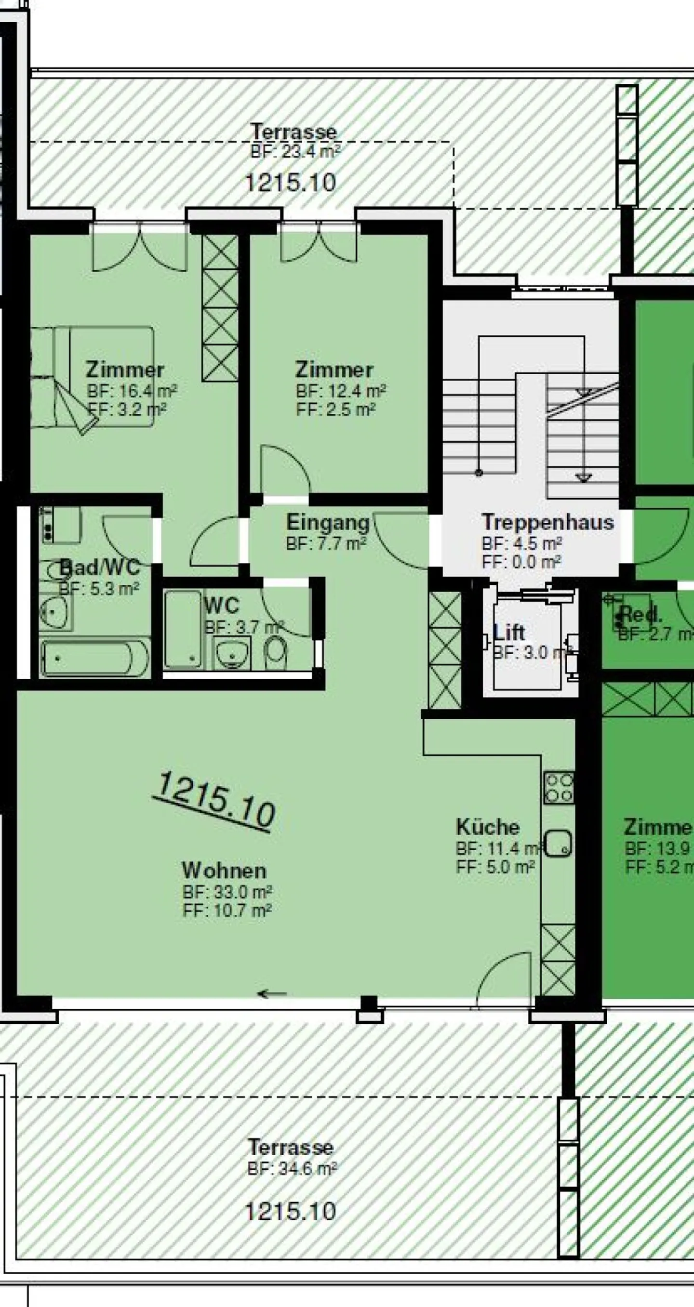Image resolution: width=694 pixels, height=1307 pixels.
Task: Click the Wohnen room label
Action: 224,871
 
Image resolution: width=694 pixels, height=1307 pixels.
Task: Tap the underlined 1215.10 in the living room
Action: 216,800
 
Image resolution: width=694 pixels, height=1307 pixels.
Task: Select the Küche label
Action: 487,827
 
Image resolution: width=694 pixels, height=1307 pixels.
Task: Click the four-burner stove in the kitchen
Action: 559,788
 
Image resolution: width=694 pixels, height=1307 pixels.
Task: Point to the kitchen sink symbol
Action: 559,843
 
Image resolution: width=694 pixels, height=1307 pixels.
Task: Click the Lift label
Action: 509,632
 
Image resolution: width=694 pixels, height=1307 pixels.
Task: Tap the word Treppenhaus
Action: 547,522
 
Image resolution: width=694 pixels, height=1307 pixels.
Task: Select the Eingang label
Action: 327,522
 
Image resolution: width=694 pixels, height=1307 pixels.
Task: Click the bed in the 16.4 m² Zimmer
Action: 92,376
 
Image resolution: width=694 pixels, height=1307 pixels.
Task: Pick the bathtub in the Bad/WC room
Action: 95,659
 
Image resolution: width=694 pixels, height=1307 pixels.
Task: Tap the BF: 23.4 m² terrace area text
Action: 294,152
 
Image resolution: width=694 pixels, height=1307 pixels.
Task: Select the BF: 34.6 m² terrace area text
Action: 292,1170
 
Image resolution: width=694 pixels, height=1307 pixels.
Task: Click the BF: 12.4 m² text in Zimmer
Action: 341,391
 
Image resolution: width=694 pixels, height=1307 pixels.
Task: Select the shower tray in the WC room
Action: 182,629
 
